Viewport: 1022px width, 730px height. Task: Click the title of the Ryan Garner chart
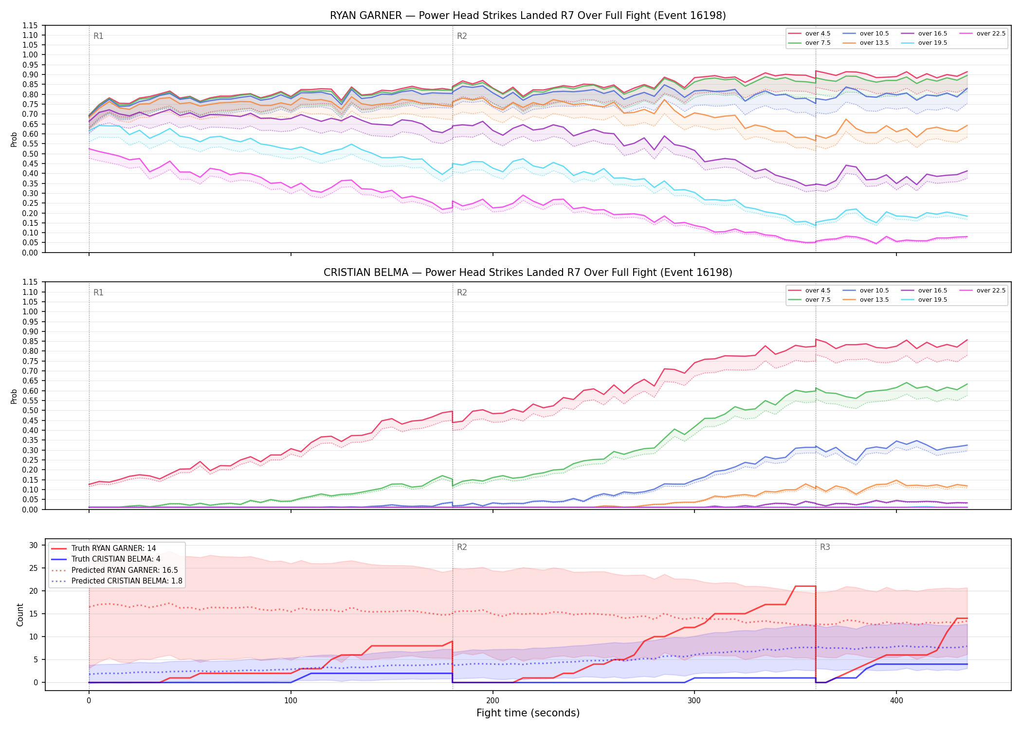[x=528, y=16]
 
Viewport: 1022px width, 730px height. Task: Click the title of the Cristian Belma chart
[x=528, y=273]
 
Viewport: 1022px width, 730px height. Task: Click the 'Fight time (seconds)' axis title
[x=528, y=713]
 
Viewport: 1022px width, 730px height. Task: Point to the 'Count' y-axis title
[x=20, y=615]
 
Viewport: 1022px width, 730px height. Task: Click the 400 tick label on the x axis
[x=896, y=701]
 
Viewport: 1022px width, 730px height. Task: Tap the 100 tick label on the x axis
[x=291, y=701]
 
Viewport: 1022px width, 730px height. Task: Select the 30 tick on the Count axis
[x=34, y=545]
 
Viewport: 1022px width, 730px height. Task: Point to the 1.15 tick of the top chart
[x=30, y=25]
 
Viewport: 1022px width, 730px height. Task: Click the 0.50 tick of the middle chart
[x=30, y=411]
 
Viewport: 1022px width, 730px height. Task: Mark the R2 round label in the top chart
[x=462, y=36]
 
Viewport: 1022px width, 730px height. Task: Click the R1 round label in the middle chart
[x=98, y=292]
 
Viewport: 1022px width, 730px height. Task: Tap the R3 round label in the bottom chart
[x=825, y=547]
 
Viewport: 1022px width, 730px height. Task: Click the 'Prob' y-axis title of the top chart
[x=14, y=139]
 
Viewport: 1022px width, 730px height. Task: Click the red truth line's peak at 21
[x=805, y=586]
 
